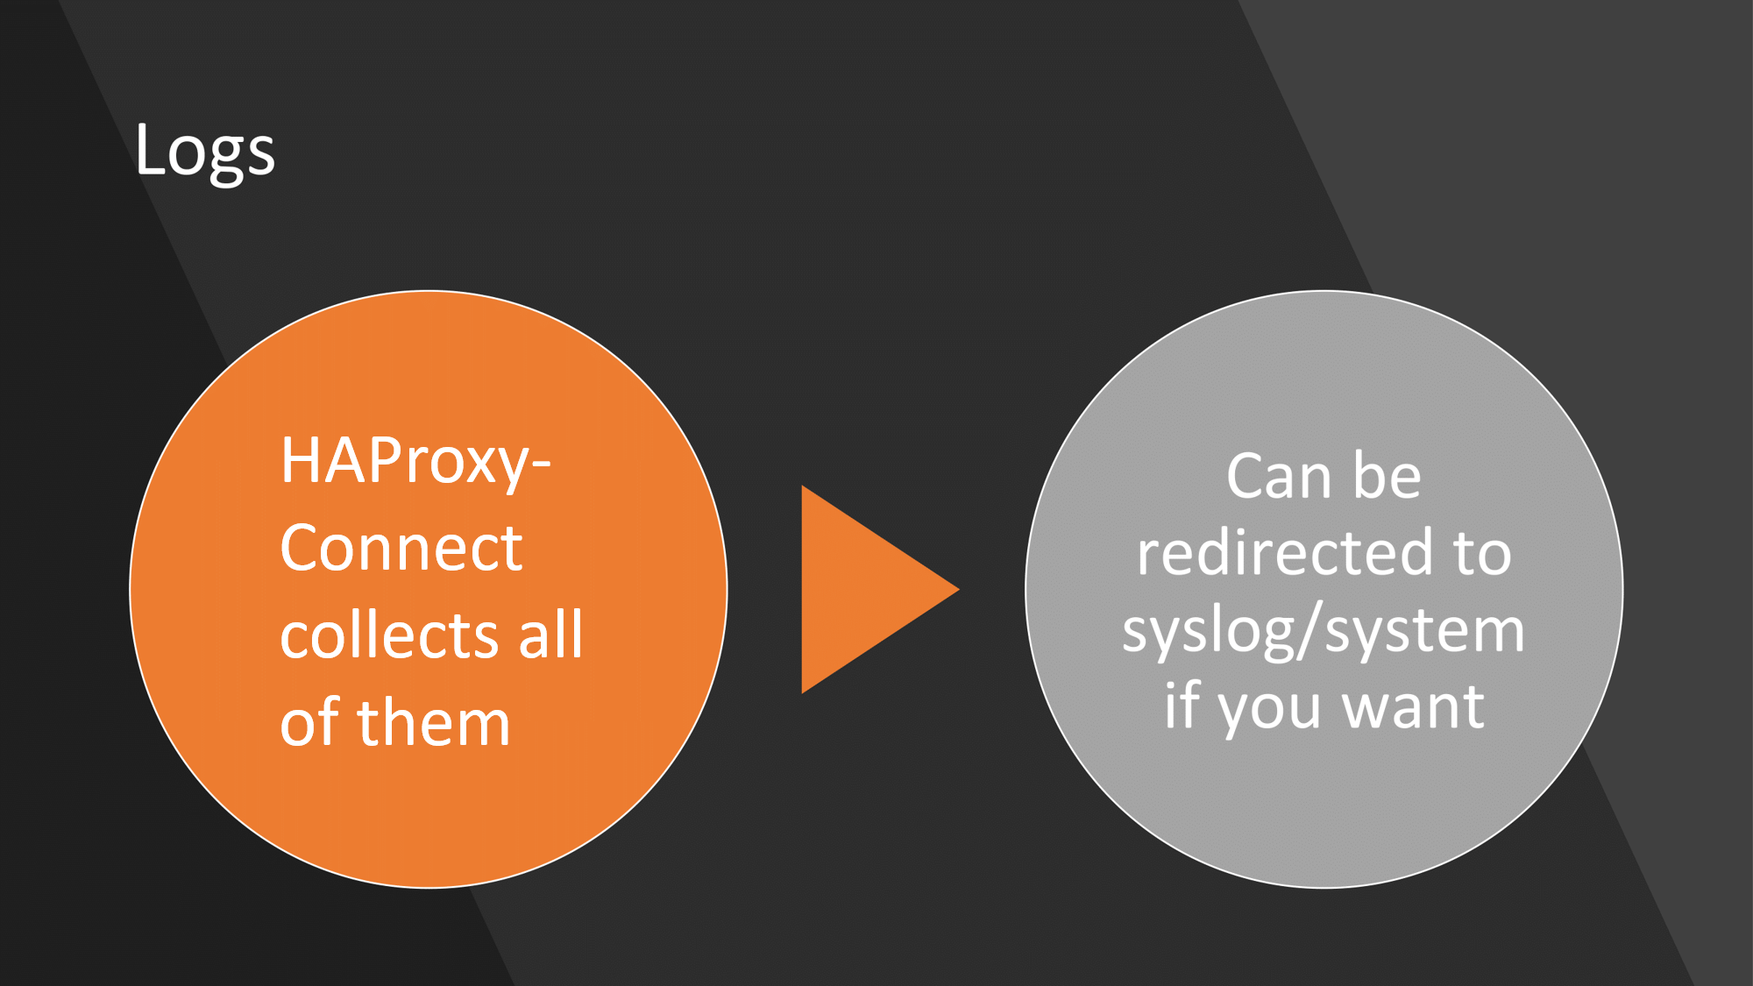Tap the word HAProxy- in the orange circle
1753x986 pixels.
point(415,463)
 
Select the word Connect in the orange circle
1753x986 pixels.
point(401,548)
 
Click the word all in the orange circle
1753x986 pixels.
point(550,634)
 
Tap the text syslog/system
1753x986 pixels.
point(1324,631)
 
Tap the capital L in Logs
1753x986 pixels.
point(151,148)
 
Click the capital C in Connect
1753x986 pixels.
point(302,548)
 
